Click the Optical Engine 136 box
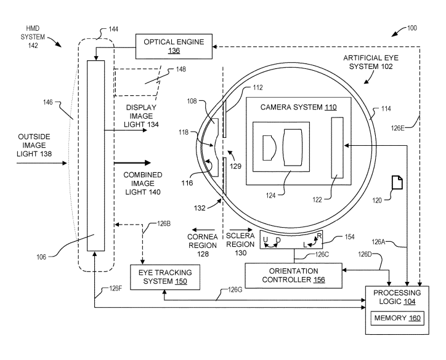click(x=174, y=46)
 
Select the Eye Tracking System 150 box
click(x=165, y=278)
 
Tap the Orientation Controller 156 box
click(x=294, y=276)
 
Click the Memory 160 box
click(x=397, y=318)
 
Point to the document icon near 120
click(x=397, y=182)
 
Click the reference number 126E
click(x=397, y=128)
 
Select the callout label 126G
click(x=235, y=290)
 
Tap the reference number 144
click(x=113, y=29)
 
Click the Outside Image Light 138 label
click(x=34, y=145)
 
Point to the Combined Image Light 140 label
click(x=143, y=183)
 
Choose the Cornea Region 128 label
click(x=203, y=245)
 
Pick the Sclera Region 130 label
click(x=240, y=244)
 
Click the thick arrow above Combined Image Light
click(x=132, y=163)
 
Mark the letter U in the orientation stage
click(x=266, y=239)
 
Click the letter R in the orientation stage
click(x=319, y=236)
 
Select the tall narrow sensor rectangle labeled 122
click(x=338, y=148)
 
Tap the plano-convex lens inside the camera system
click(x=269, y=148)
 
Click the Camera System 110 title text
click(x=299, y=107)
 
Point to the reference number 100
click(x=412, y=28)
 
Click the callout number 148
click(x=181, y=70)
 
